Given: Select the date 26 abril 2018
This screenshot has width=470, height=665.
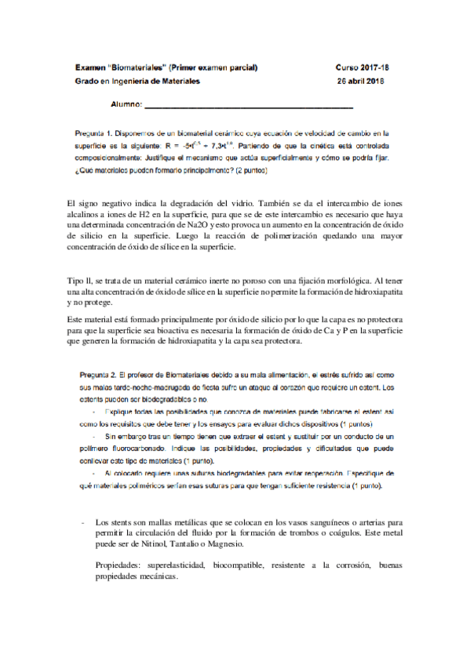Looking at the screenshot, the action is point(360,82).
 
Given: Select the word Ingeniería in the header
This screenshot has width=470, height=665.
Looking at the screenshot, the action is point(134,82).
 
